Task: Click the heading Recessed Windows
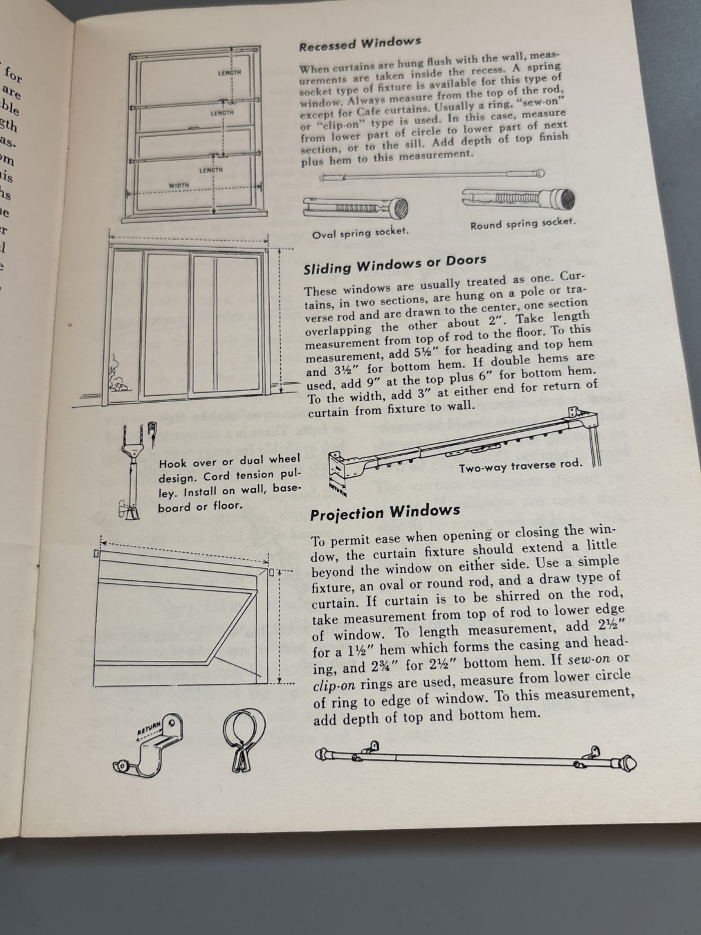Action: coord(360,44)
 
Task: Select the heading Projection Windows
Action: coord(385,512)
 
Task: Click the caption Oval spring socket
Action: coord(360,233)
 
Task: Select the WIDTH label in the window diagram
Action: coord(179,185)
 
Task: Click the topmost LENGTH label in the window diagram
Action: coord(229,72)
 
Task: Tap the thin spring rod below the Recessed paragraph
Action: coord(432,175)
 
